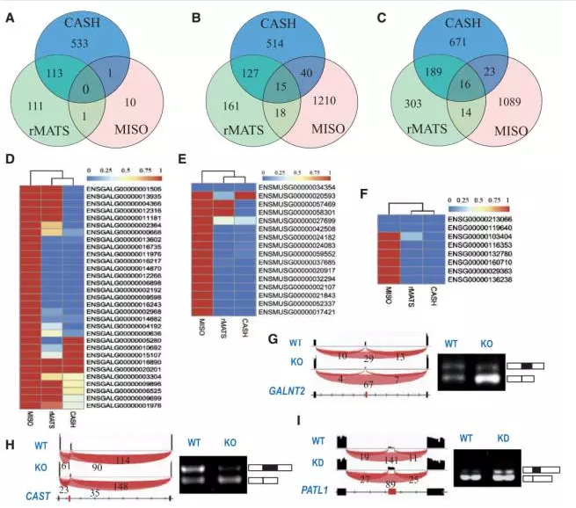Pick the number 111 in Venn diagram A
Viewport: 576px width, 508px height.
point(36,105)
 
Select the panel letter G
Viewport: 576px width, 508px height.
point(273,313)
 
